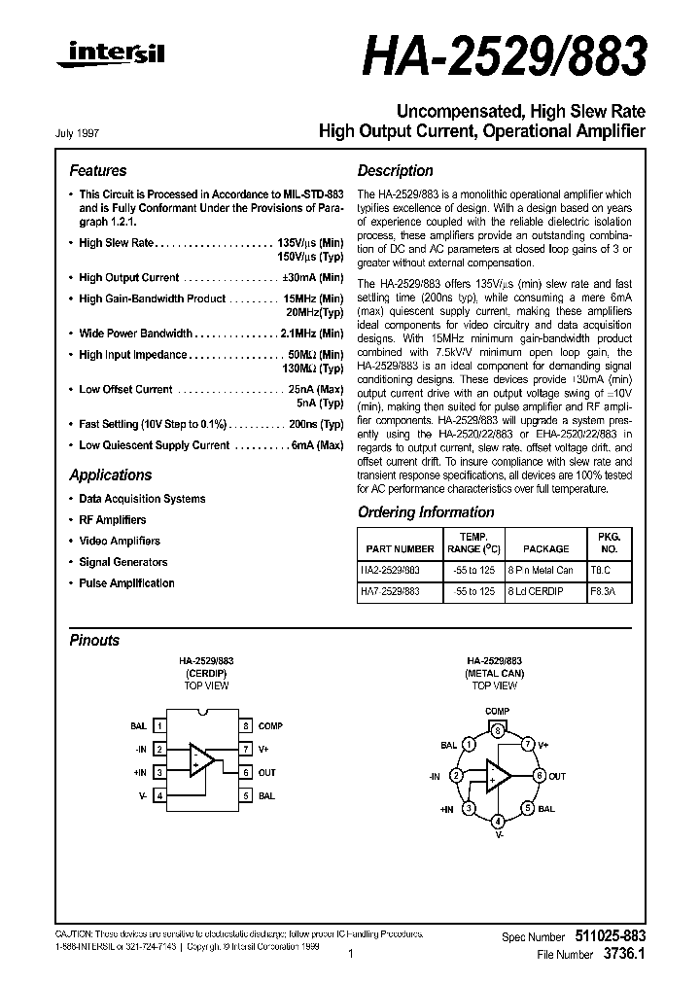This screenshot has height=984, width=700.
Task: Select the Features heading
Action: [97, 170]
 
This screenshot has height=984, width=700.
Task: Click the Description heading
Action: [395, 170]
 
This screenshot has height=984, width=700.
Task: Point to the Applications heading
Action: [110, 474]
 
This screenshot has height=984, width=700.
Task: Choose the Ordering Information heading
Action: [426, 511]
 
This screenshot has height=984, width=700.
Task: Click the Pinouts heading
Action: [94, 640]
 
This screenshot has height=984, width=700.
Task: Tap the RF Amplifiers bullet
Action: [112, 520]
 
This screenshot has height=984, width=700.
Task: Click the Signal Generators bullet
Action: [122, 562]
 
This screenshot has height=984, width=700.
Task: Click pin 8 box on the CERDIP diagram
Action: [247, 726]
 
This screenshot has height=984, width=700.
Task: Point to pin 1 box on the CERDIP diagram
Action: [159, 726]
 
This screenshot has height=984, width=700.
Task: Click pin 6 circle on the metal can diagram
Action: [539, 776]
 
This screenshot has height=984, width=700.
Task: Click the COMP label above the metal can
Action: [497, 713]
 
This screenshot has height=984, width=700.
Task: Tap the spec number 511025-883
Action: [605, 935]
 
